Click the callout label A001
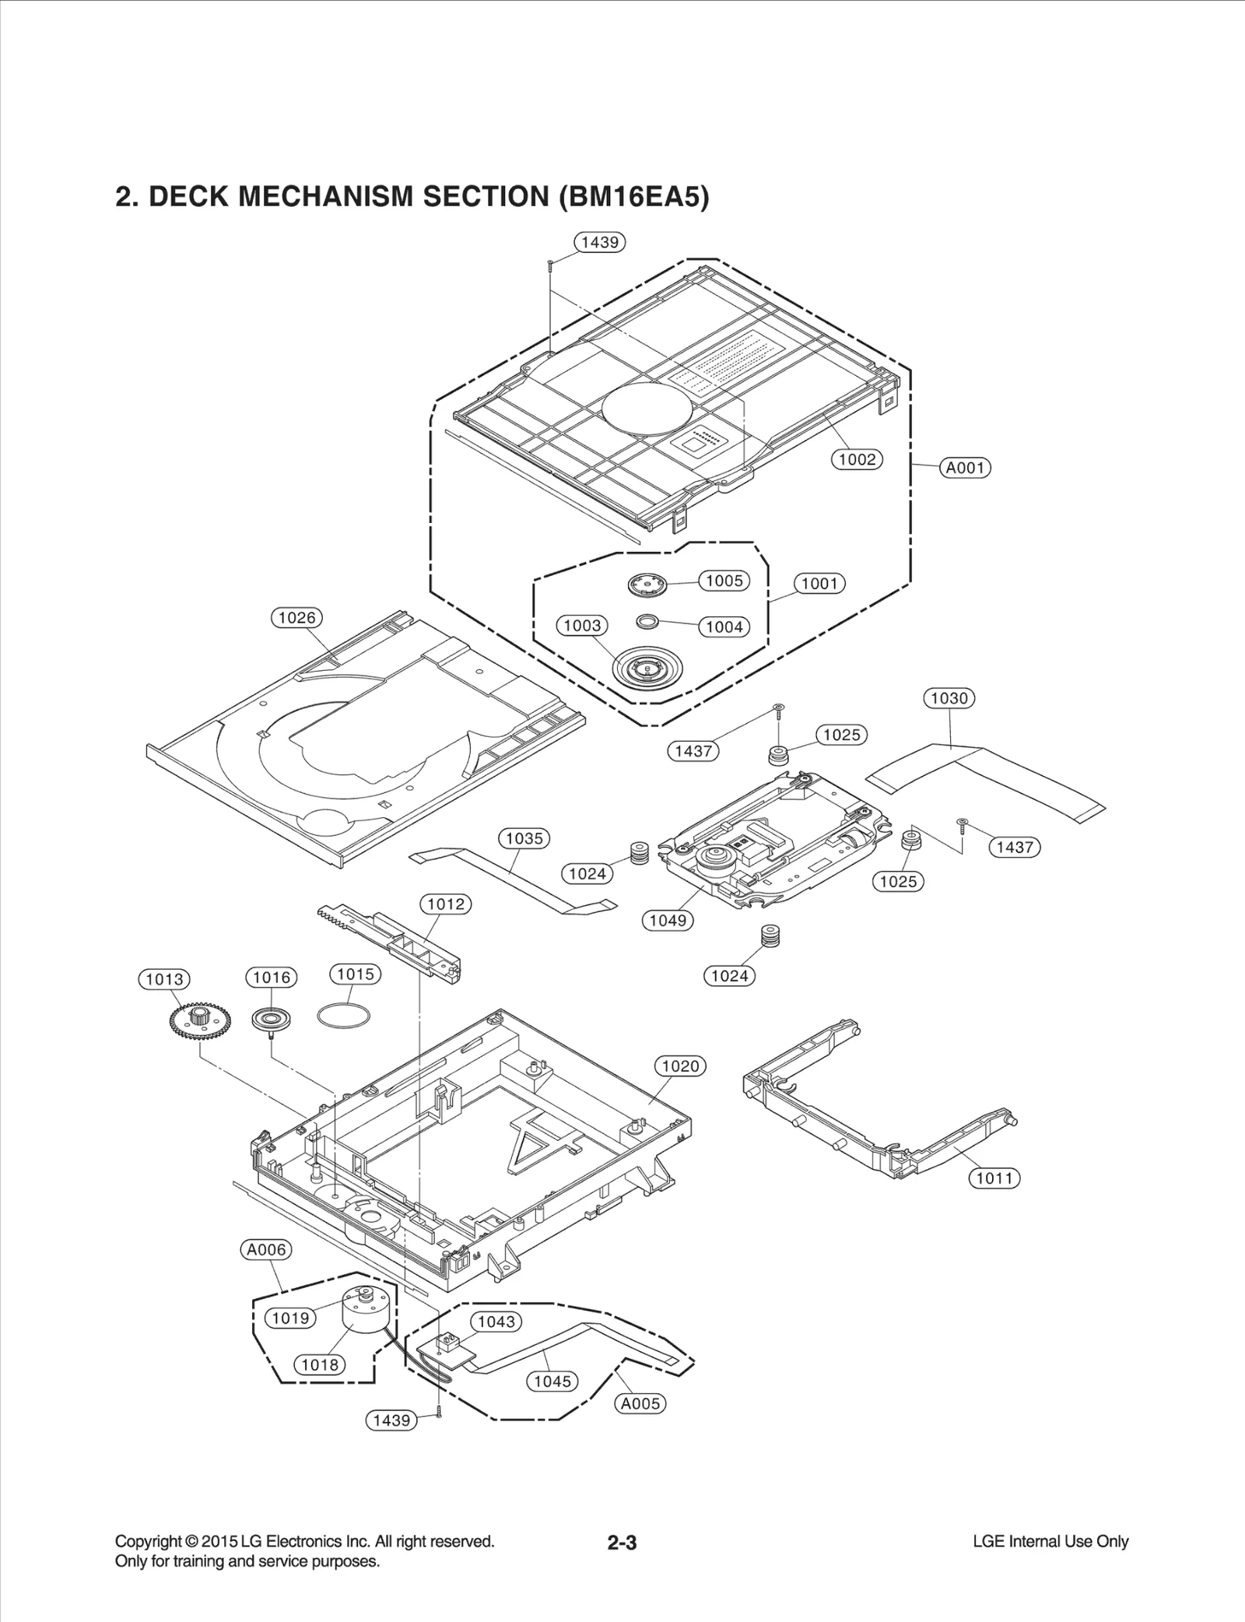click(x=965, y=468)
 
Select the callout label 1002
click(x=857, y=459)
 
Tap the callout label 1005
click(x=724, y=581)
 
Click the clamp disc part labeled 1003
click(x=646, y=666)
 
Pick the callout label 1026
click(x=296, y=618)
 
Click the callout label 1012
click(x=446, y=904)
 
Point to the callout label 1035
click(x=524, y=838)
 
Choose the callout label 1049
click(x=668, y=920)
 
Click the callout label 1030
click(x=949, y=698)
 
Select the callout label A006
click(x=266, y=1250)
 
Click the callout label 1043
click(x=496, y=1322)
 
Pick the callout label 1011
click(x=994, y=1178)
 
